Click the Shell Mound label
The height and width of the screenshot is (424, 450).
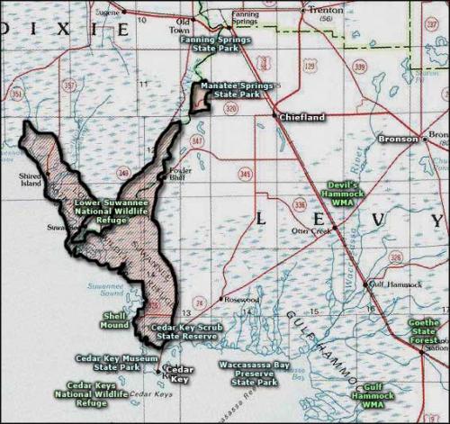pyautogui.click(x=115, y=320)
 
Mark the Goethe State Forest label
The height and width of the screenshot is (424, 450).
pyautogui.click(x=424, y=331)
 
